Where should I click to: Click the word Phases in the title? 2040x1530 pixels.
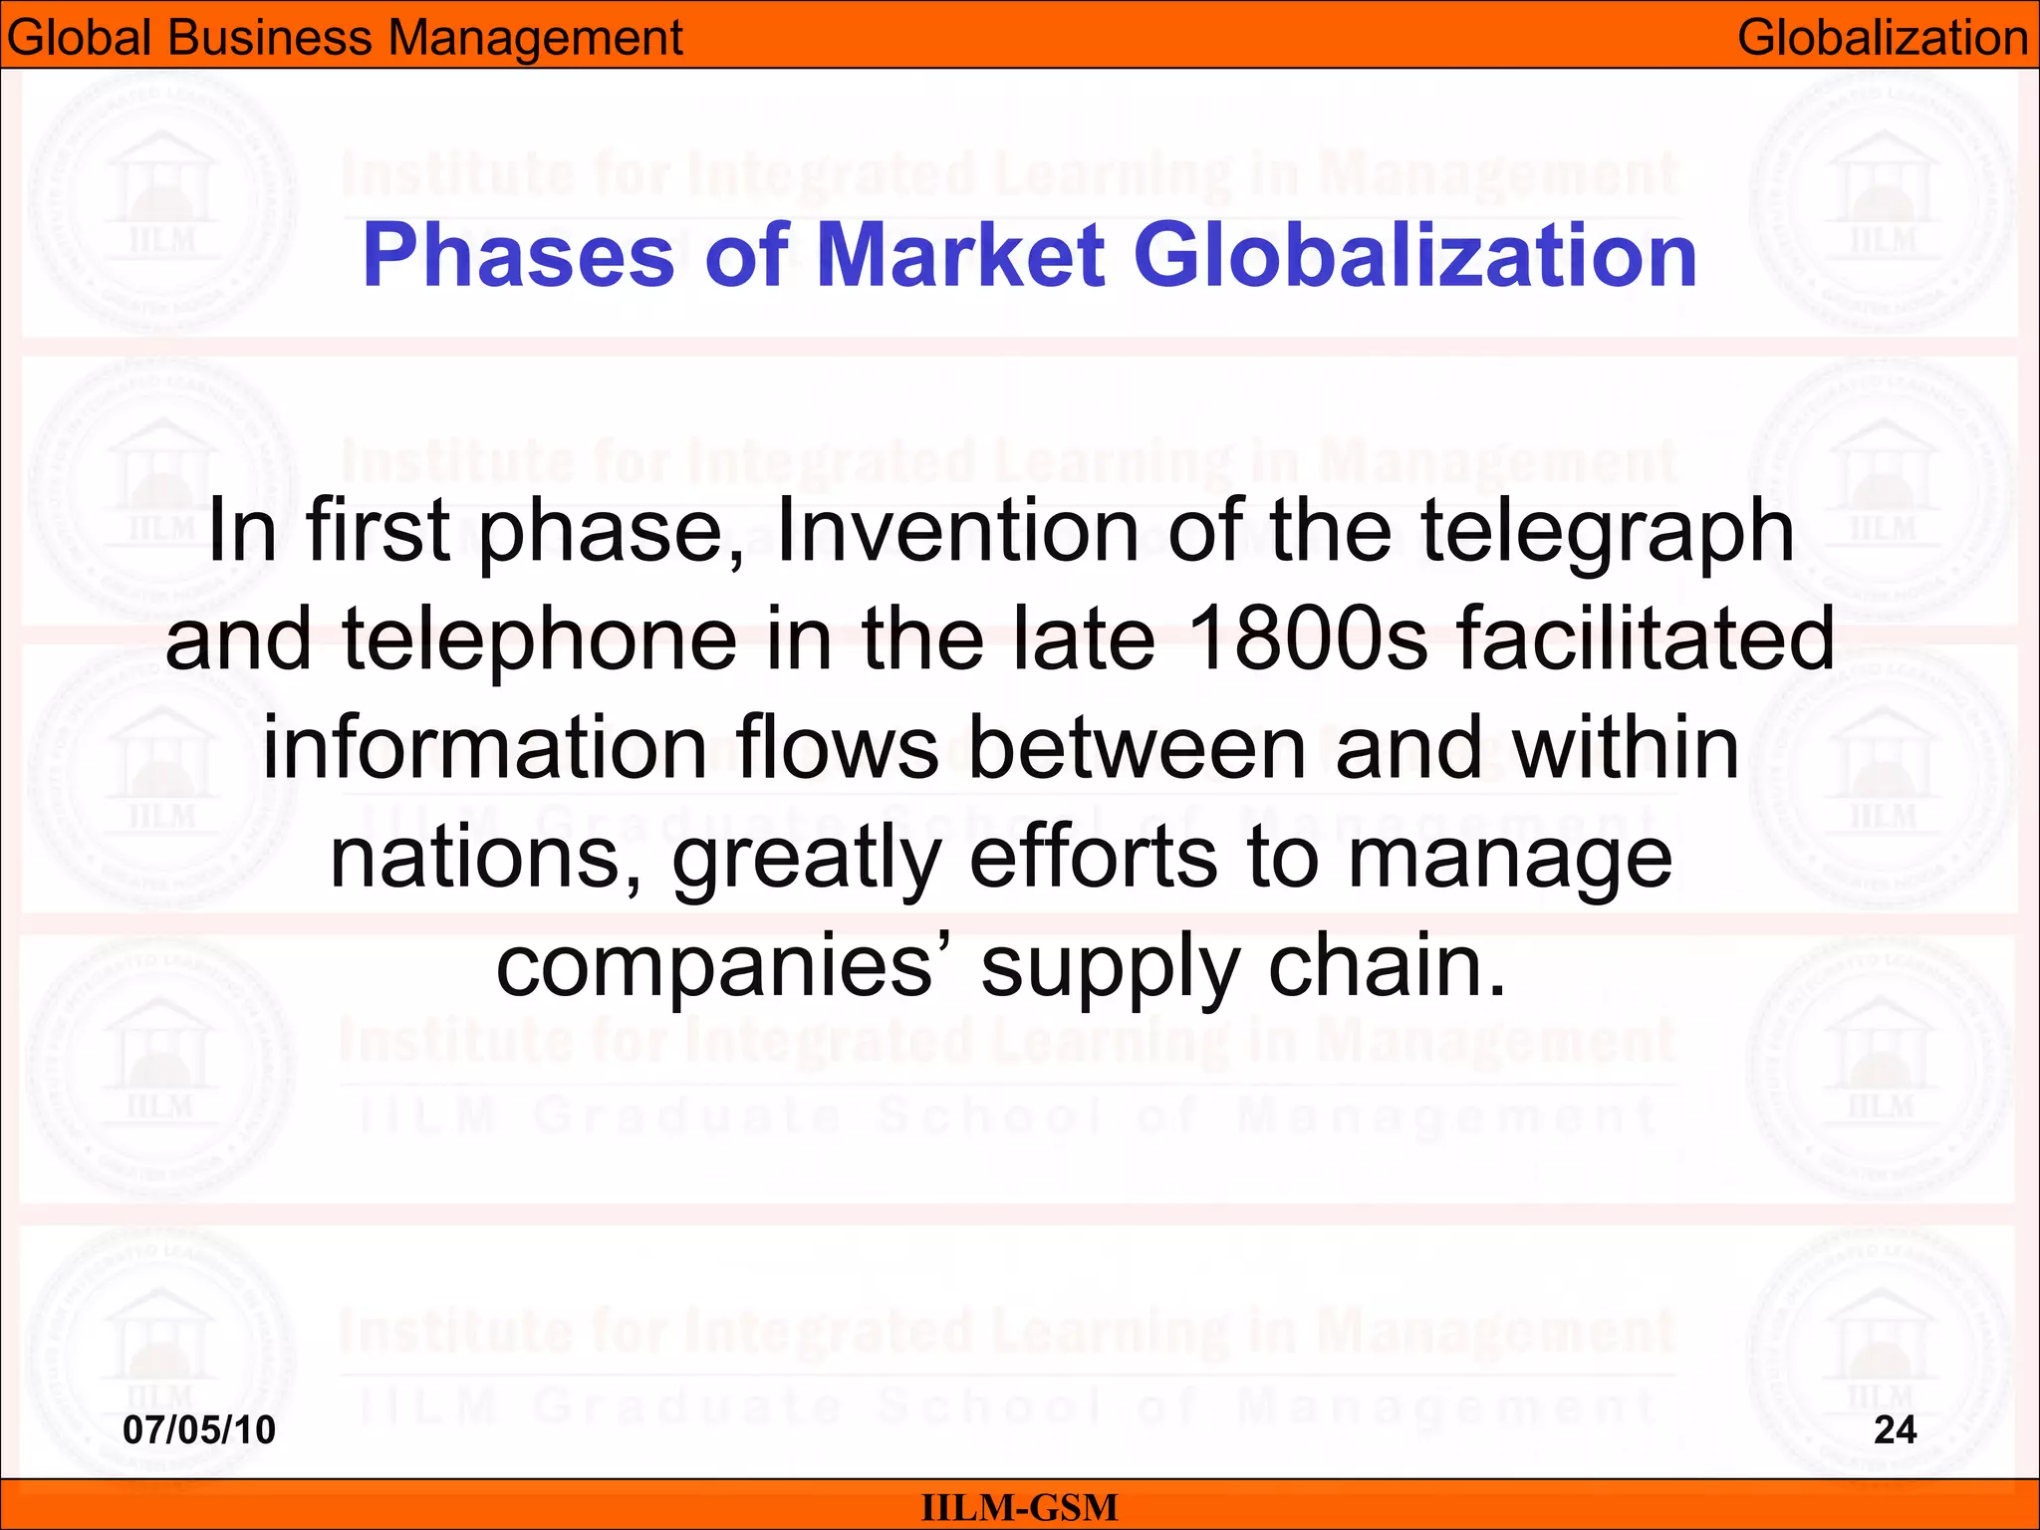coord(518,255)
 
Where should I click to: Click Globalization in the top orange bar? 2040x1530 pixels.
coord(1883,38)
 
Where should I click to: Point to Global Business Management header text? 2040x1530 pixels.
coord(345,38)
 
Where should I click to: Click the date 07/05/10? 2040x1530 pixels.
coord(199,1429)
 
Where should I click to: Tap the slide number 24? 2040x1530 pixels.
coord(1896,1429)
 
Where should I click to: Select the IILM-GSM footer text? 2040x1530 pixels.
coord(1020,1507)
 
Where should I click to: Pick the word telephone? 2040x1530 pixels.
coord(539,639)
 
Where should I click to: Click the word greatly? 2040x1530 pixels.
coord(807,859)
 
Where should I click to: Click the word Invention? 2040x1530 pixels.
coord(957,531)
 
